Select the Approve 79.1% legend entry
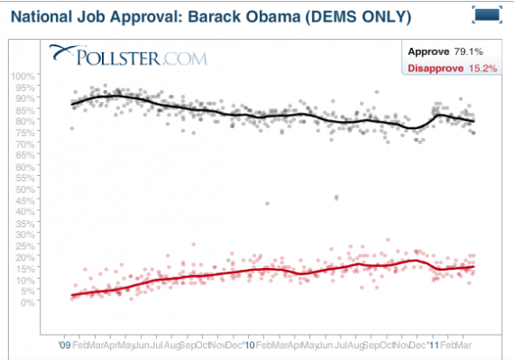click(450, 51)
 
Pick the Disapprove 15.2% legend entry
click(450, 67)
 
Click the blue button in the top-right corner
click(487, 14)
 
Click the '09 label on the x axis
click(64, 345)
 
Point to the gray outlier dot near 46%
click(336, 197)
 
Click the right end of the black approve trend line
click(474, 121)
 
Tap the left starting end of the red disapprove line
click(72, 295)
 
